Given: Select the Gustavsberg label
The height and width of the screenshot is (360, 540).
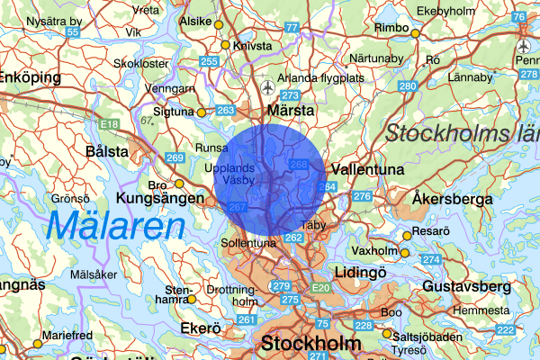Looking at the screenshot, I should [x=464, y=286].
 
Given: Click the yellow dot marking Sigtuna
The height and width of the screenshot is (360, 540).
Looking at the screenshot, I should [x=202, y=112].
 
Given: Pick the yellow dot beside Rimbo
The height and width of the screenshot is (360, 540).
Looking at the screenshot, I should [x=416, y=32].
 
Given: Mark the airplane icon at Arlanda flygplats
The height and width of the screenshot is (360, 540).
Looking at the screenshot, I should [x=267, y=87].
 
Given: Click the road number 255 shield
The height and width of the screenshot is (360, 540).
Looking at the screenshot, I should [x=210, y=62].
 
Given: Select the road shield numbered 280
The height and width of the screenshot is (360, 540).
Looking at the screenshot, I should [x=408, y=85].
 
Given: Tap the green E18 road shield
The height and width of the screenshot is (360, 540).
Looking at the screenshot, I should [x=110, y=124].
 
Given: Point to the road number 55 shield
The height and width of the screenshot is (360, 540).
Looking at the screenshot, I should [x=73, y=32].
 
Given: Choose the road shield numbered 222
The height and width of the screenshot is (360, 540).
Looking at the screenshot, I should [x=505, y=330].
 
